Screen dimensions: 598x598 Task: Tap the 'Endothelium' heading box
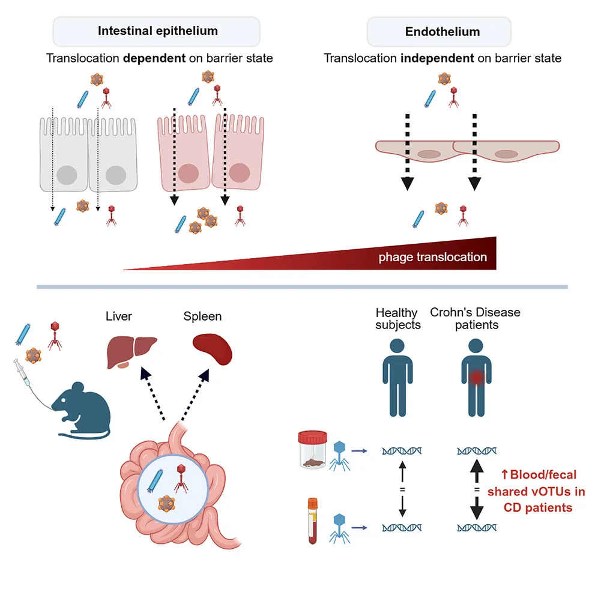point(439,31)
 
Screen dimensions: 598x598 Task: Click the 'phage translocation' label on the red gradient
point(432,257)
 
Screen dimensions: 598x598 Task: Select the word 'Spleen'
point(202,316)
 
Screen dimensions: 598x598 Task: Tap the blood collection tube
point(312,520)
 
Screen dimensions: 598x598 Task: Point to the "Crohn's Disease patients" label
point(475,319)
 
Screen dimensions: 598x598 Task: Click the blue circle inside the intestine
point(173,486)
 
